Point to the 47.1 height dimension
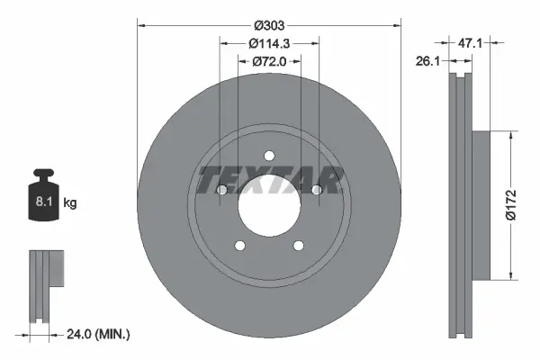tap(501, 40)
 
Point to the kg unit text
tap(71, 204)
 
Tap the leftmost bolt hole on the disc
tap(221, 190)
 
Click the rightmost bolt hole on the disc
tap(317, 189)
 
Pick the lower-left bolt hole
tap(239, 246)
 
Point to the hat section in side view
tap(477, 205)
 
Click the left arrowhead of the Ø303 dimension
tap(141, 25)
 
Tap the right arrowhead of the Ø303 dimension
tap(397, 25)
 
